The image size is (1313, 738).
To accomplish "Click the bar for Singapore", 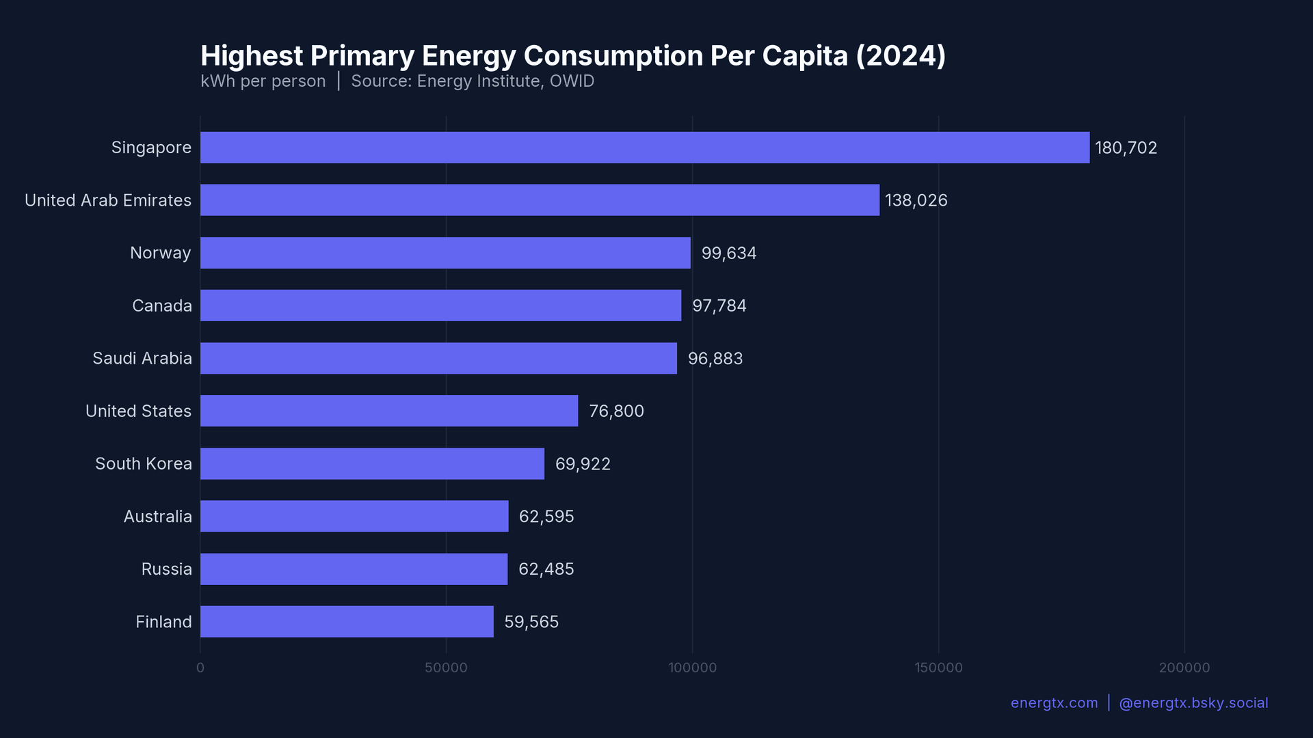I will tap(644, 148).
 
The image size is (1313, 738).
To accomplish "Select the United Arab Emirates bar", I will tap(540, 200).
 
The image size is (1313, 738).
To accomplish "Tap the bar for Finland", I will tap(347, 622).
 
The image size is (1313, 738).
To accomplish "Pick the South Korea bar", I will tap(372, 464).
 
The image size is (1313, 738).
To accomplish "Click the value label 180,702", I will tap(1126, 148).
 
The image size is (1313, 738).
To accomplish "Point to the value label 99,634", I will tap(728, 254).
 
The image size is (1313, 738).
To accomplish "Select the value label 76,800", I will tap(616, 411).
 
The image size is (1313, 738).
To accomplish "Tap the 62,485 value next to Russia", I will tap(546, 569).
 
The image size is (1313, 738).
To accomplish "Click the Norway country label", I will tap(160, 254).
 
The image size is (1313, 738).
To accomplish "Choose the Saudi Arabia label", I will tap(142, 359).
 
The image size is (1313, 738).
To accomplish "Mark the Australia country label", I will tap(157, 517).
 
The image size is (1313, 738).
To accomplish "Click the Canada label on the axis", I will tap(161, 306).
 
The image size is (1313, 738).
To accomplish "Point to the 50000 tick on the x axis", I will tap(446, 668).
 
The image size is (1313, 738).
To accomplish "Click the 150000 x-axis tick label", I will tap(938, 668).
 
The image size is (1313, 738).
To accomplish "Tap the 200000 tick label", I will tap(1184, 668).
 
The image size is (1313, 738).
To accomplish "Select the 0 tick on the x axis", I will tap(200, 668).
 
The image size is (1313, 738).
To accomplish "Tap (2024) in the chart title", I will tap(901, 56).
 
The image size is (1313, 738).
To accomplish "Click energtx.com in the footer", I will tap(1054, 703).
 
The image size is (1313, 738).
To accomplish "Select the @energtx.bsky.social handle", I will tap(1193, 703).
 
